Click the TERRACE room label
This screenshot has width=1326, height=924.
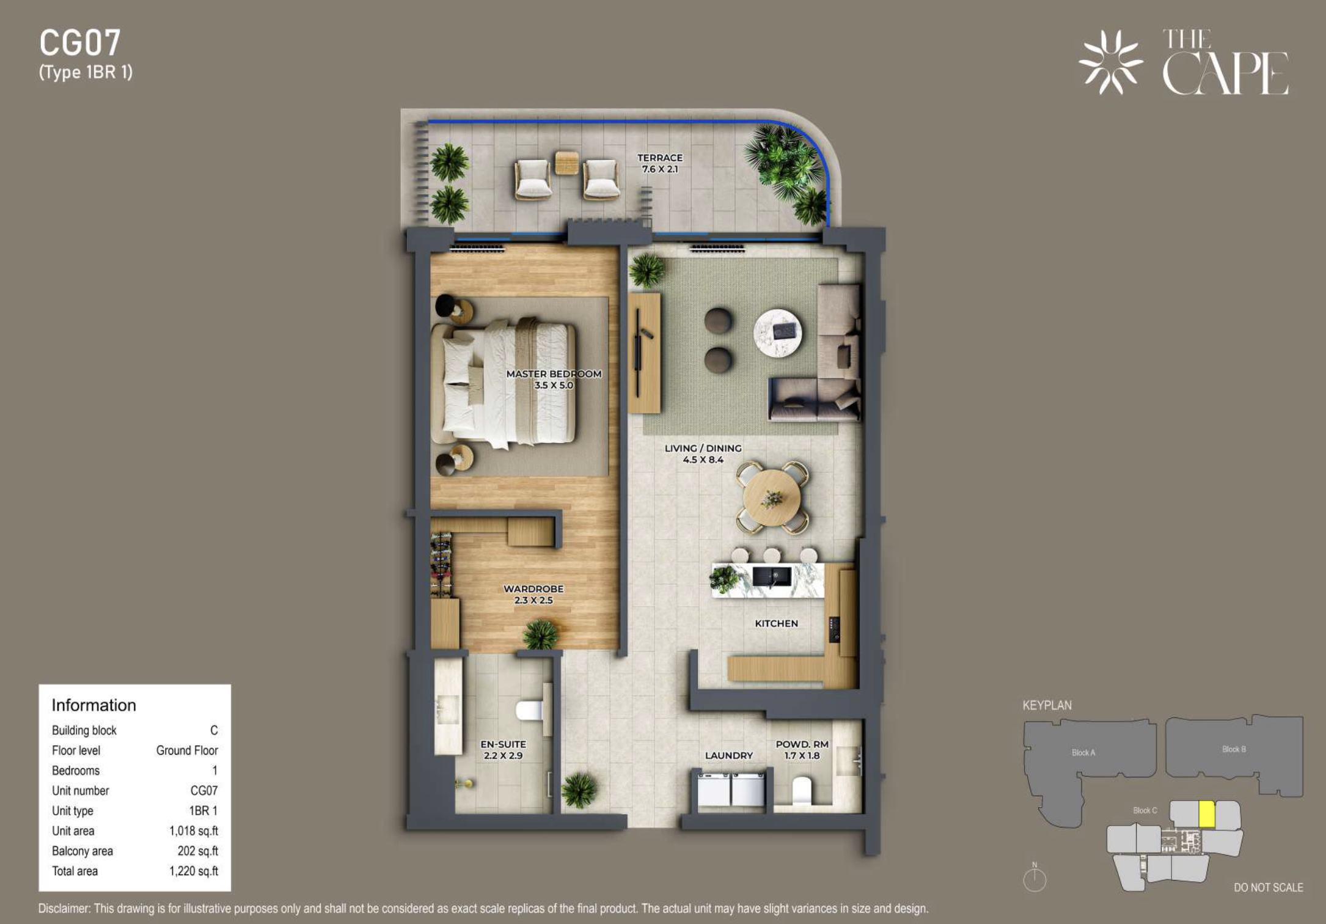660,158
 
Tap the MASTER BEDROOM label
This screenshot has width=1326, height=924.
554,374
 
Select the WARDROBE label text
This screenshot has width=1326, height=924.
533,588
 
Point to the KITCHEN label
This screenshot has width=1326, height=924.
776,623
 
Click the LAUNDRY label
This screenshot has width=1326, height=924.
729,755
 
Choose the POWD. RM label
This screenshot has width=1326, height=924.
802,744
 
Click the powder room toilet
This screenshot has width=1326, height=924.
801,790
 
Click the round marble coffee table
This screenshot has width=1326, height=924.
777,333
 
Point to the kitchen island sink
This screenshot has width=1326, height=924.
772,576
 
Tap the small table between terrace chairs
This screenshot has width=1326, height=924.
566,163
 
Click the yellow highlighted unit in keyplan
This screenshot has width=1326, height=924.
1206,814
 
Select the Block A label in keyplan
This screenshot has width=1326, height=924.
1083,752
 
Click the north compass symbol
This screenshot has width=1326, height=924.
1035,878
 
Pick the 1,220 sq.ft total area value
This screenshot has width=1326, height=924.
194,871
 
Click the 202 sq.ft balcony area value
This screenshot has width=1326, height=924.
197,851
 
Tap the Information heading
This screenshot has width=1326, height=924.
93,705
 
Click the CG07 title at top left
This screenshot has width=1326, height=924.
80,43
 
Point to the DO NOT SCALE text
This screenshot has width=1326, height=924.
1269,887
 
